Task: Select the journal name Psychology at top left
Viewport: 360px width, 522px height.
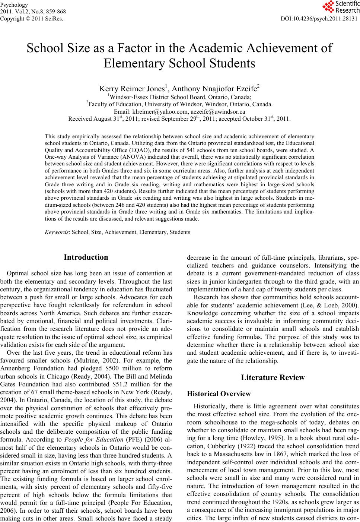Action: coord(14,5)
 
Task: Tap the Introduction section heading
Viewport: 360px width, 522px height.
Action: coord(86,257)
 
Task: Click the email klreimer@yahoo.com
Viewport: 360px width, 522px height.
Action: coord(160,111)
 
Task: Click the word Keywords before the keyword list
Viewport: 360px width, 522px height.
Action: coord(57,232)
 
